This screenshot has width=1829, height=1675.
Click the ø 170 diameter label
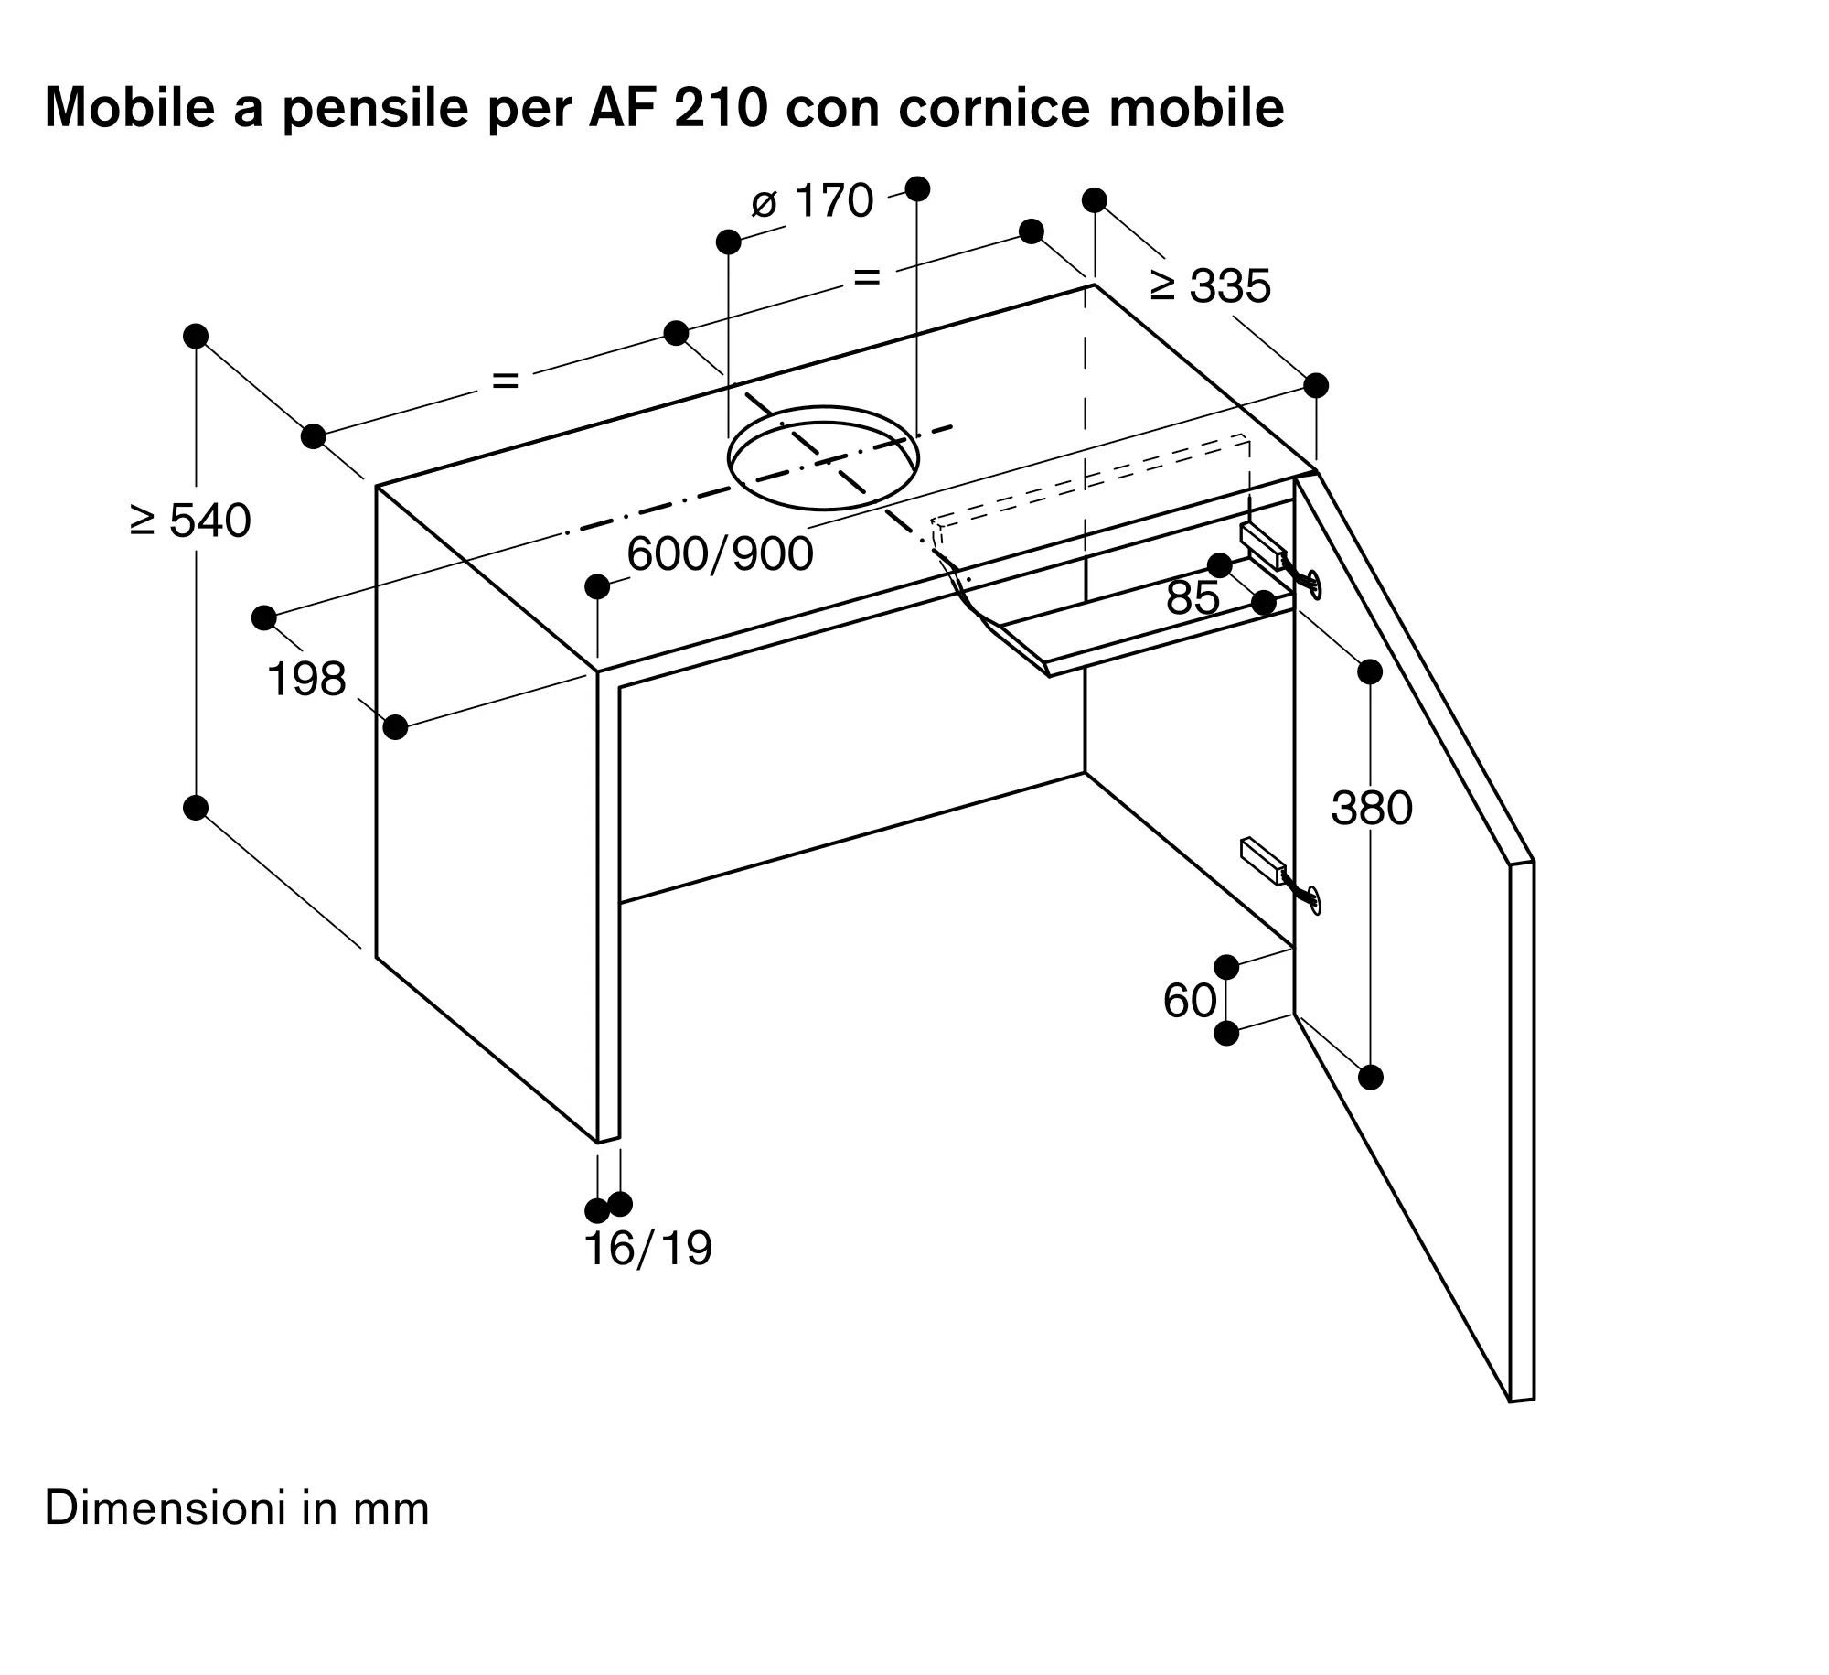point(812,200)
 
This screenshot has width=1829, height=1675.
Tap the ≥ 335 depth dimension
point(1211,285)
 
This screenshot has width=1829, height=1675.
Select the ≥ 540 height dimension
point(190,521)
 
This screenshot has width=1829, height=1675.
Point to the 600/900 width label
point(720,553)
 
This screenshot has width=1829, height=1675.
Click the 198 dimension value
point(306,679)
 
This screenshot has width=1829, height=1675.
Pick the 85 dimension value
point(1193,597)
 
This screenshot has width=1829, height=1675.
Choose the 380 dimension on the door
point(1372,808)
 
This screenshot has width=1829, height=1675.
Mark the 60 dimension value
point(1190,1000)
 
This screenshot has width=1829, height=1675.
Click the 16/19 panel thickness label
point(647,1248)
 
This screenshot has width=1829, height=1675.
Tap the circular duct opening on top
point(824,457)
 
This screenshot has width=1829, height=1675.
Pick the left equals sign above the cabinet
point(506,379)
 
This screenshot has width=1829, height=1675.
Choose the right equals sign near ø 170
point(866,275)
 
